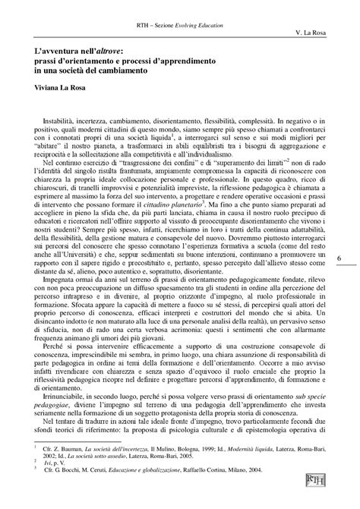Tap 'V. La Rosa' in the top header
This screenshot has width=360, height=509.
point(313,35)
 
